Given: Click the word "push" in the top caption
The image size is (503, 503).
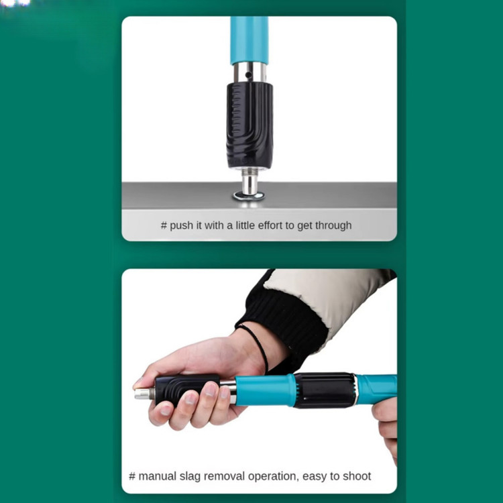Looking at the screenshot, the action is [x=181, y=225].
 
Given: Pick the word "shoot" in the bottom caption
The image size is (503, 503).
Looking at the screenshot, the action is [x=357, y=476].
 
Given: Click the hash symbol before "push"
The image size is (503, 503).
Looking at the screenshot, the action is [x=164, y=225].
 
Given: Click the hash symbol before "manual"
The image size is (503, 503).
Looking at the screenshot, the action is [x=132, y=476].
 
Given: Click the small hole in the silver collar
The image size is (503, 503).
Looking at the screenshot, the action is [x=248, y=75].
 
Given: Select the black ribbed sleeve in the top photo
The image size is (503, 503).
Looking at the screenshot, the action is [x=249, y=125].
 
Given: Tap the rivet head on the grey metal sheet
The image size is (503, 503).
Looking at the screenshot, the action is [x=249, y=195].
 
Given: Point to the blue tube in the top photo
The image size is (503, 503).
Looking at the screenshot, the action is [x=249, y=40].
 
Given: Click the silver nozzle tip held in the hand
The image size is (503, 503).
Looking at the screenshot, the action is [x=144, y=393].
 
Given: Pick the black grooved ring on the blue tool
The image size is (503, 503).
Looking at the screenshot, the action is [x=325, y=390].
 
